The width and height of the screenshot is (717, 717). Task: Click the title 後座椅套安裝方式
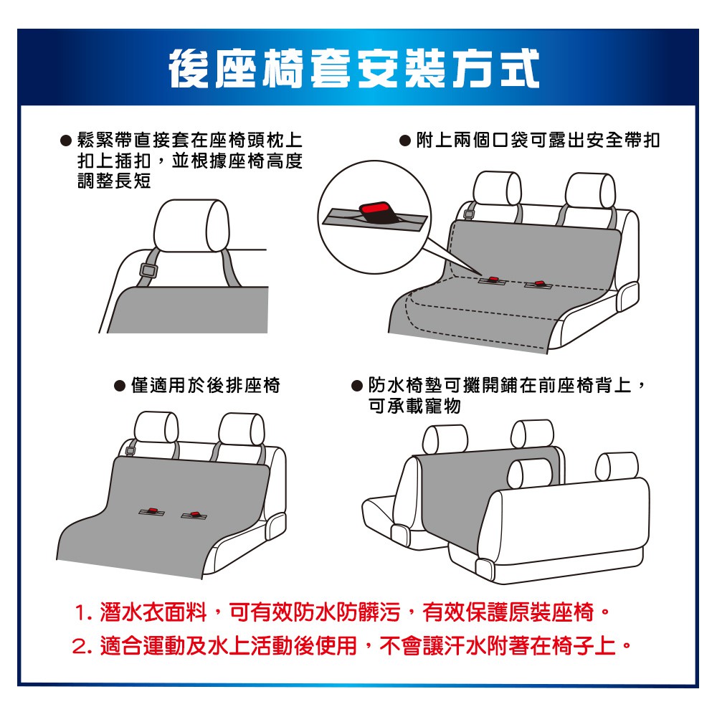tap(354, 69)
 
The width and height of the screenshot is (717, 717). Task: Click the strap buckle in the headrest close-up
tap(148, 271)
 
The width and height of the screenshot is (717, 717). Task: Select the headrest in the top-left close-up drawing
tap(191, 225)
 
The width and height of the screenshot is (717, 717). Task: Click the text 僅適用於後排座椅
tap(205, 386)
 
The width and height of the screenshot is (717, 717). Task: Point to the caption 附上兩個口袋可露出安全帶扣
tap(538, 140)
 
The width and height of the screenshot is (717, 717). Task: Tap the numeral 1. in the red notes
tap(82, 613)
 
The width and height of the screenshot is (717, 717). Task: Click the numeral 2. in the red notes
tap(82, 647)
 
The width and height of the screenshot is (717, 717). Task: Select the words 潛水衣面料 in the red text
tap(153, 613)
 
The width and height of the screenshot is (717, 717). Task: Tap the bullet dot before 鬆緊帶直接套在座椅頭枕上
tap(66, 141)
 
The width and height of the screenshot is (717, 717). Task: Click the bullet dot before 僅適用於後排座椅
tap(119, 386)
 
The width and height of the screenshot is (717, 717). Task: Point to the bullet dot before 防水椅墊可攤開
tap(356, 386)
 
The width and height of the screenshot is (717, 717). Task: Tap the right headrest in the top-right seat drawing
tap(590, 190)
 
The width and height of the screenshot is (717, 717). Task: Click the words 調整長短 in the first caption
tap(114, 181)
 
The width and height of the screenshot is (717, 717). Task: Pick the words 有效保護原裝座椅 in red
tap(508, 613)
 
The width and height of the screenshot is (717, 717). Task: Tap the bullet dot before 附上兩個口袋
tap(404, 141)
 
